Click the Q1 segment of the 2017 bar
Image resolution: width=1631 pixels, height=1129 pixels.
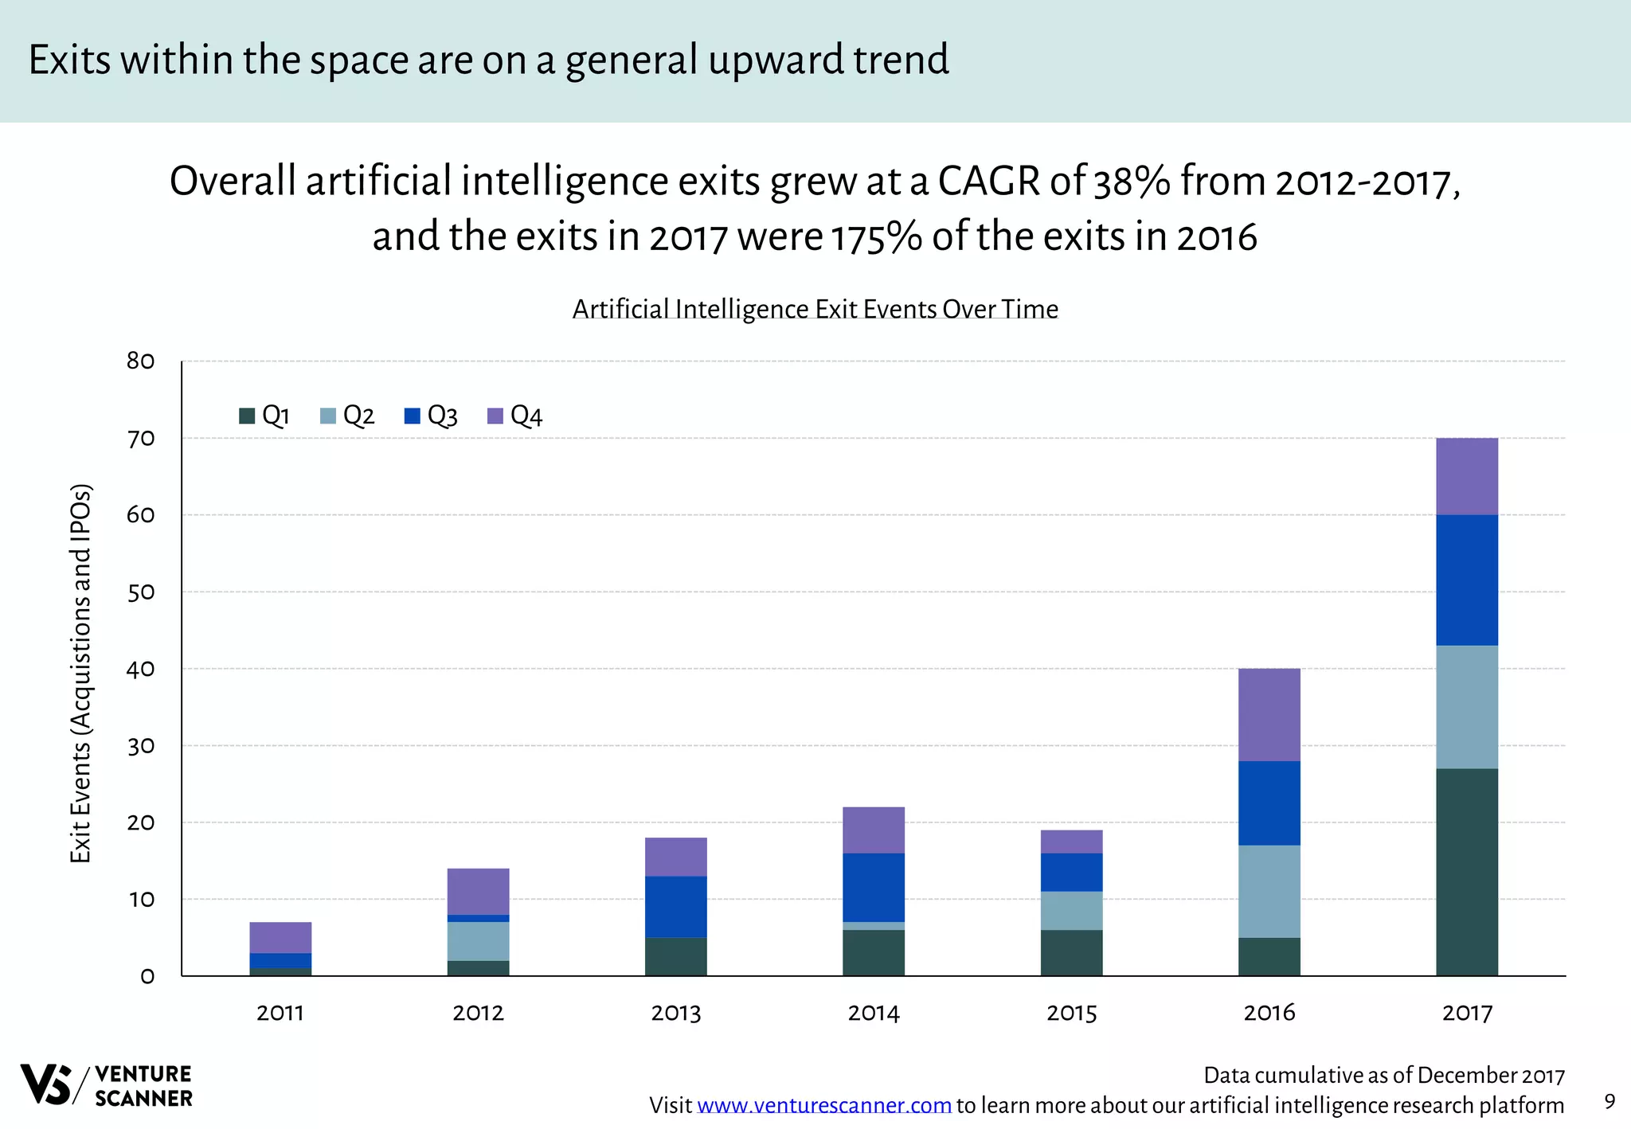tap(1466, 872)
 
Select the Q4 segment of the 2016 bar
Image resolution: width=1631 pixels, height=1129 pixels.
tap(1269, 714)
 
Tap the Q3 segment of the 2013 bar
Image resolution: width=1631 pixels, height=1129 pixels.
tap(675, 906)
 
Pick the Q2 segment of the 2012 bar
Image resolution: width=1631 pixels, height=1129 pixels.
tap(478, 941)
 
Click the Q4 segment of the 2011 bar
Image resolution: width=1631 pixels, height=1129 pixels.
tap(280, 937)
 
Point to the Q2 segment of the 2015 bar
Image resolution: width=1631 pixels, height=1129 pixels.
tap(1071, 910)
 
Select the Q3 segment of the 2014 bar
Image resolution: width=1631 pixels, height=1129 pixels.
tap(873, 887)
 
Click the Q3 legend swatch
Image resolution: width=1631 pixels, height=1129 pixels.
tap(412, 416)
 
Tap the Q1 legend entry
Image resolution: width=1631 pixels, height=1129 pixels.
tap(265, 416)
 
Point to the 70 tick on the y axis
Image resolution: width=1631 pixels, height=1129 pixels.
tap(140, 439)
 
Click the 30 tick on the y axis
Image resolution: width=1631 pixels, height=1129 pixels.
tap(140, 746)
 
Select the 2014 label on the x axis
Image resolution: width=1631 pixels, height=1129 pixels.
tap(873, 1013)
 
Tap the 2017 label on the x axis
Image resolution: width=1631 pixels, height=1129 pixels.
tap(1466, 1013)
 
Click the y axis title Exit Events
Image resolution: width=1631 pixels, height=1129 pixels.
tap(80, 673)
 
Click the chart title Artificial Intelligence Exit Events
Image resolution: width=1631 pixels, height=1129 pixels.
tap(815, 309)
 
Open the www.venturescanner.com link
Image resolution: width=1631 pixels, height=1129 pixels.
tap(823, 1105)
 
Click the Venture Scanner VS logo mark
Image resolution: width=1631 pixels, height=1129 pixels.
tap(46, 1084)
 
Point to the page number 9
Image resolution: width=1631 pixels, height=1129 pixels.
tap(1609, 1101)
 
